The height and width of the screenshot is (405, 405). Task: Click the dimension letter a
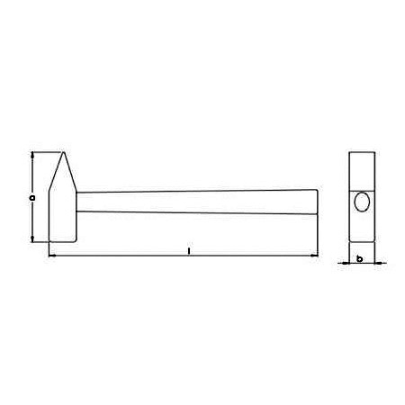coord(32,198)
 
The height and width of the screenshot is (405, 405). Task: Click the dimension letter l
coord(189,251)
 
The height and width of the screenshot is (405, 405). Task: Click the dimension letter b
coord(359,258)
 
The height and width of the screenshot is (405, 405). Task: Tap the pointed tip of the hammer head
coord(63,152)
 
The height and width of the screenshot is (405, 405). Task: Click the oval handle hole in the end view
coord(362,202)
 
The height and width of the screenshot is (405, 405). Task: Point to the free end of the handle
coord(317,202)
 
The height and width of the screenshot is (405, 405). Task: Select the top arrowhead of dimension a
coord(32,155)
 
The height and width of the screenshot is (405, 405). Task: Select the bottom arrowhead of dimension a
coord(32,238)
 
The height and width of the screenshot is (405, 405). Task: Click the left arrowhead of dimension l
coord(52,256)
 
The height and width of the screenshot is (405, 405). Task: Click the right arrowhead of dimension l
coord(314,256)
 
